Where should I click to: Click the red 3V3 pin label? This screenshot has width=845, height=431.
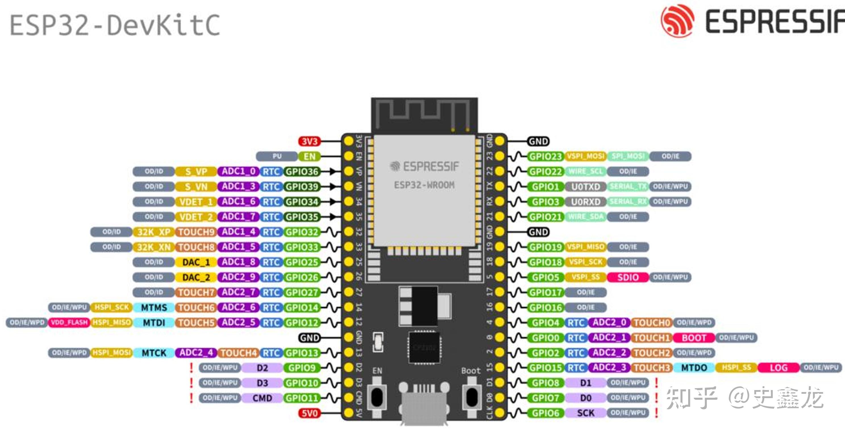point(309,142)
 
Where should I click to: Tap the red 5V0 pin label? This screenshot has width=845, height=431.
point(309,413)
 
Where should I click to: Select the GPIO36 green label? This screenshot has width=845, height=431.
point(301,172)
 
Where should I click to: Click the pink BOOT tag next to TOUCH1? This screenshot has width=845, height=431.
point(694,338)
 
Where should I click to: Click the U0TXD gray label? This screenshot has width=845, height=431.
point(586,187)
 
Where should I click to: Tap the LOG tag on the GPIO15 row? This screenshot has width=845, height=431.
point(779,368)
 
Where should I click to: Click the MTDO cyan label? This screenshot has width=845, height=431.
point(694,368)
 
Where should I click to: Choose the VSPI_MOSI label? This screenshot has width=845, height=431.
point(586,156)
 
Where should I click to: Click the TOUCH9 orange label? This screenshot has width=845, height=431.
point(196,232)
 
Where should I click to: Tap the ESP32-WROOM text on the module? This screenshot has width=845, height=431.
point(424,185)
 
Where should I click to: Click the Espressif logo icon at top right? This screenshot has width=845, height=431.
point(677,20)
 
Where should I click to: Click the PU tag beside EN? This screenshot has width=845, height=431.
point(277,156)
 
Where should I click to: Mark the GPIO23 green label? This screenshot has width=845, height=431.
point(546,156)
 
